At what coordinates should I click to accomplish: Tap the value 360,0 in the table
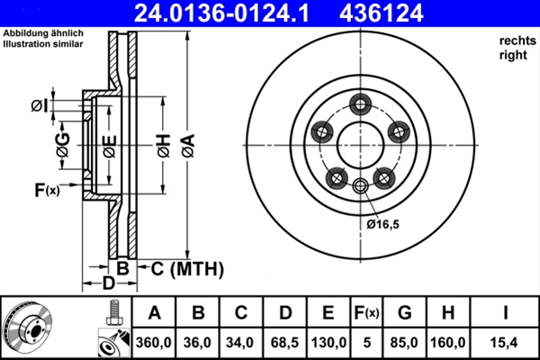click(155, 343)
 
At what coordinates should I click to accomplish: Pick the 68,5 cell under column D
click(285, 343)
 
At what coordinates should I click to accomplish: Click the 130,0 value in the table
click(328, 343)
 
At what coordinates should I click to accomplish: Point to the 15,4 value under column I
click(506, 343)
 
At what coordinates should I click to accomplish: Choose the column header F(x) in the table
click(367, 314)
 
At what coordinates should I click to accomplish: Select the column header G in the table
click(405, 314)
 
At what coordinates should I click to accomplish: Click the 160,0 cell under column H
click(447, 343)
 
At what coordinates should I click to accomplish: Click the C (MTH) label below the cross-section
click(183, 268)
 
